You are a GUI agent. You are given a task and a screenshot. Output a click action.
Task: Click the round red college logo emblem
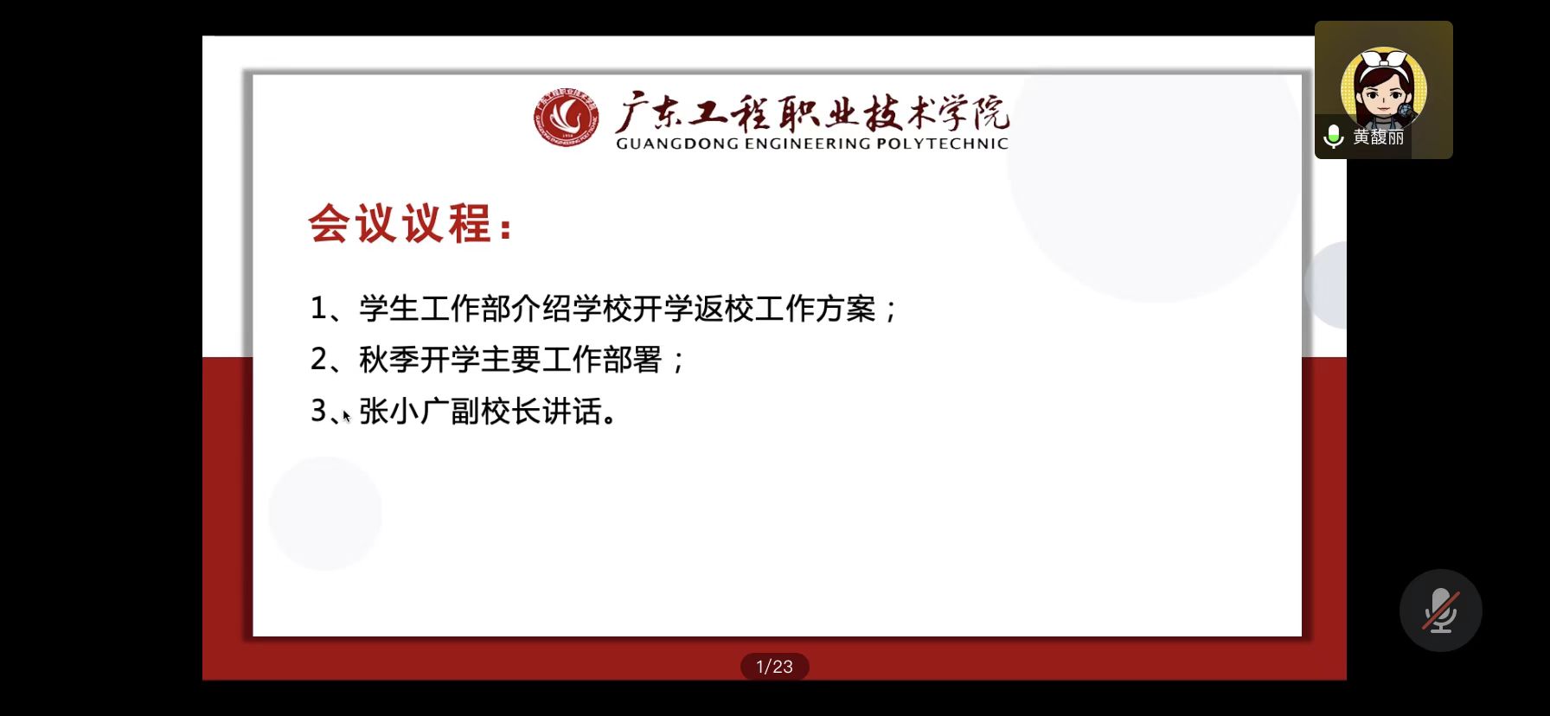[567, 118]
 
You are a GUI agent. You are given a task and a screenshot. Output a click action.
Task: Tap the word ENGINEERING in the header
[808, 144]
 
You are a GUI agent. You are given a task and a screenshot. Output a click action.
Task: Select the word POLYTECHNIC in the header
[943, 144]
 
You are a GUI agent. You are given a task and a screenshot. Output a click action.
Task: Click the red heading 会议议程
[400, 224]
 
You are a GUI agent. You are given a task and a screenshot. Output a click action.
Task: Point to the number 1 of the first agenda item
[318, 309]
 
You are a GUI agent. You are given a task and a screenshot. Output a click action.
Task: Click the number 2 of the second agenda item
[319, 360]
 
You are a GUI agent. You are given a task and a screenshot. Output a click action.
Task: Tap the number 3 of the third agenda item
[319, 411]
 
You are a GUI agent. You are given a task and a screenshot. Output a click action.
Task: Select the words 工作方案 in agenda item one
[816, 309]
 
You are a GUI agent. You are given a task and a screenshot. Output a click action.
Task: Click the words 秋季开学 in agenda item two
[420, 360]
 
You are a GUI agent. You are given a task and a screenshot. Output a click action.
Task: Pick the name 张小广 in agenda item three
[404, 411]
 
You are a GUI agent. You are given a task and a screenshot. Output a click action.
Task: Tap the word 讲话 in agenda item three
[572, 411]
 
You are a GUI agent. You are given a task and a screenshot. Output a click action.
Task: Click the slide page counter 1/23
[774, 667]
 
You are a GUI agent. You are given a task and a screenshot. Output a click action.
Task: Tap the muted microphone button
[1441, 611]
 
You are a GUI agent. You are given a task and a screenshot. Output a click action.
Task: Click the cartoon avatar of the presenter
[1383, 87]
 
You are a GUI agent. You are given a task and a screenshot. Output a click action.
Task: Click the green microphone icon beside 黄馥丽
[1334, 136]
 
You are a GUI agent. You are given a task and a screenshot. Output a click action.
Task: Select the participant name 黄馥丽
[1379, 137]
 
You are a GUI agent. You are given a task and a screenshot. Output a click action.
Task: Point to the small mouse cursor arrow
[346, 416]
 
